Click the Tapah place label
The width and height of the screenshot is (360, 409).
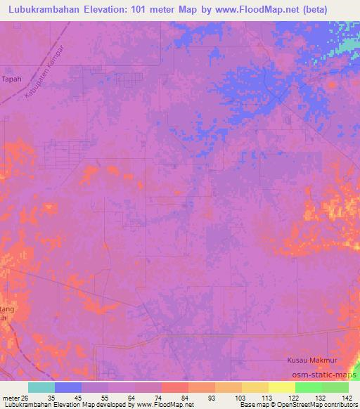tap(12, 79)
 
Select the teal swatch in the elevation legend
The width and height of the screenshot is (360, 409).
tap(41, 387)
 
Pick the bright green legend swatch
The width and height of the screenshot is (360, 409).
tap(309, 387)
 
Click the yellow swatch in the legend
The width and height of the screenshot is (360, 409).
tap(282, 387)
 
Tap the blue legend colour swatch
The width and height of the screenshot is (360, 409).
tap(68, 387)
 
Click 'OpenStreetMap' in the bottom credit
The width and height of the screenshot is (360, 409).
tap(288, 405)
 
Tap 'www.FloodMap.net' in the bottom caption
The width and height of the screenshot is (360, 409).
tap(165, 405)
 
